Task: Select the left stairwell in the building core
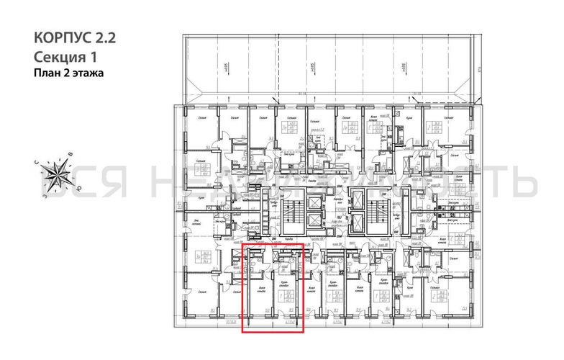tap(291, 213)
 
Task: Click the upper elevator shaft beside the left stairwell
tap(315, 199)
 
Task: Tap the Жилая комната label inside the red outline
tap(260, 289)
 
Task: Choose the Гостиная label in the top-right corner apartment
tap(447, 118)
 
